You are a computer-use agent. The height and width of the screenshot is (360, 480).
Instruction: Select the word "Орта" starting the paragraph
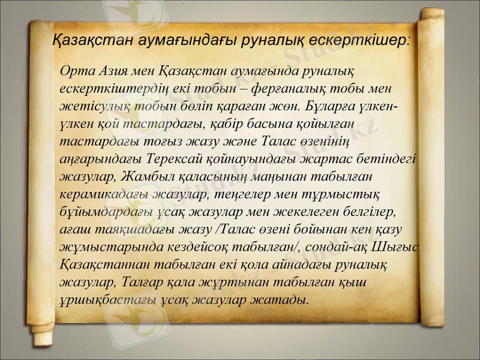(x=74, y=72)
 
